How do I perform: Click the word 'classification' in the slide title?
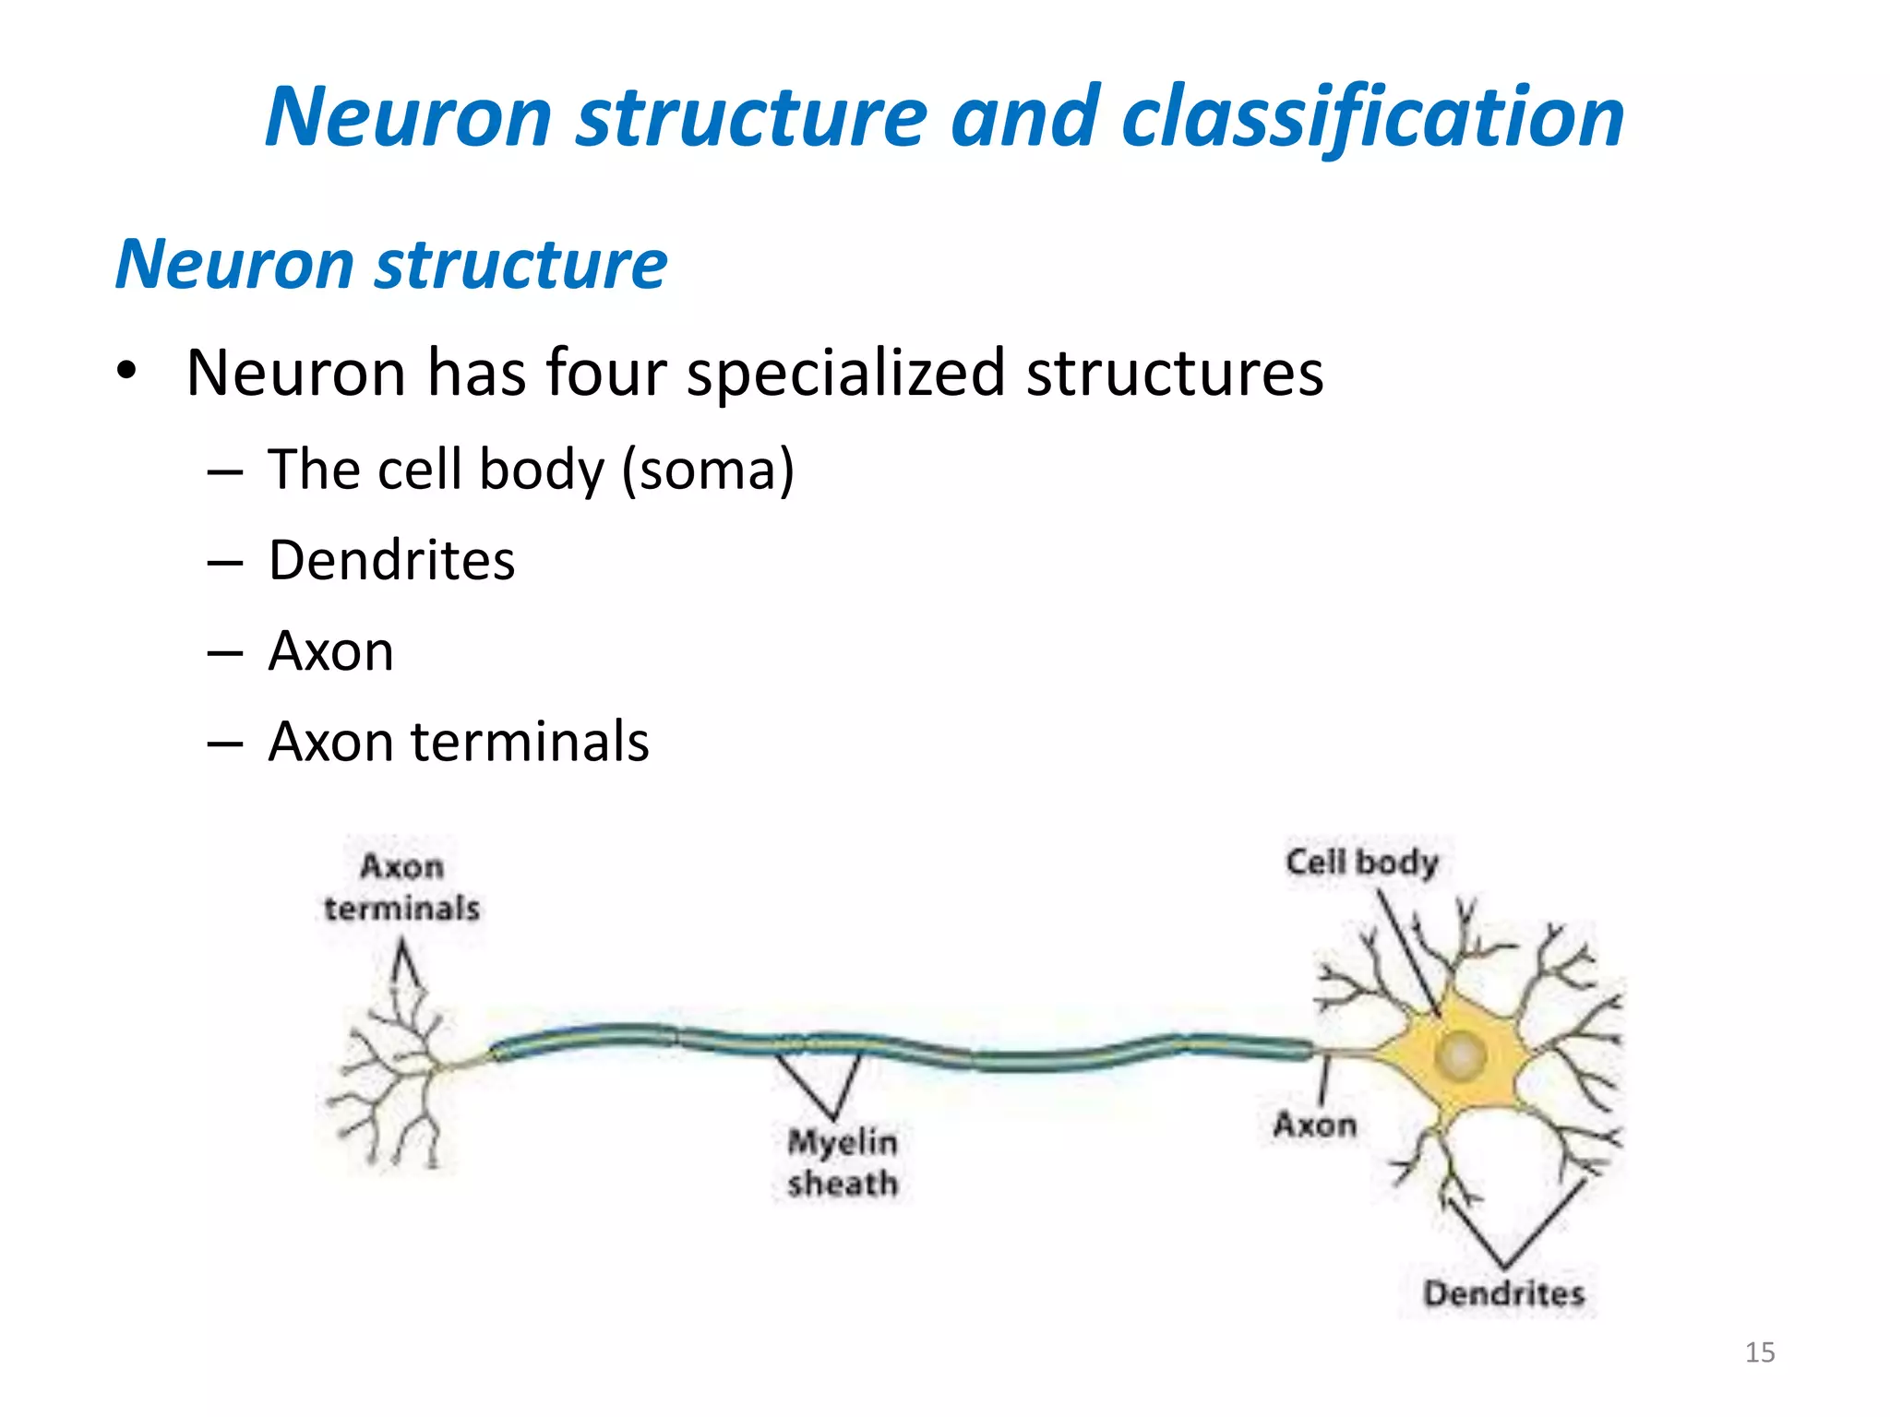point(1372,117)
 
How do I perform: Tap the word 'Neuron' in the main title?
point(409,117)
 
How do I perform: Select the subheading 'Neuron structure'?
point(391,265)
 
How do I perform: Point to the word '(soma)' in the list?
point(708,470)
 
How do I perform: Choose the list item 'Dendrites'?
point(391,560)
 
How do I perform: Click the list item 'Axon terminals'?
point(459,742)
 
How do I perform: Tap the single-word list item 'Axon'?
point(330,651)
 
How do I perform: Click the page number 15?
point(1760,1352)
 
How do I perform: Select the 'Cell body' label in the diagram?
point(1362,863)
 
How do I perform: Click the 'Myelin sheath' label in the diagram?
point(843,1162)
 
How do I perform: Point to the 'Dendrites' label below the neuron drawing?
point(1503,1293)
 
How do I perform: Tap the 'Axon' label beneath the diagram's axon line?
point(1315,1125)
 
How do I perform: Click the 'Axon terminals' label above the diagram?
point(401,887)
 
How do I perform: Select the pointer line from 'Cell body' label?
point(1409,955)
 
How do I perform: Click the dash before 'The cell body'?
point(225,471)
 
